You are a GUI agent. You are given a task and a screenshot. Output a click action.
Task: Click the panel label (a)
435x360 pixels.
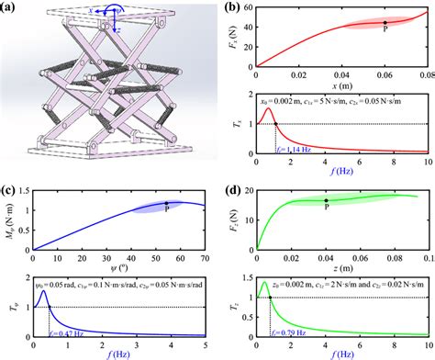click(x=12, y=8)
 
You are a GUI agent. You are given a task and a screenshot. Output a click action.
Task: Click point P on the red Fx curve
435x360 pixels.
click(x=385, y=22)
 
